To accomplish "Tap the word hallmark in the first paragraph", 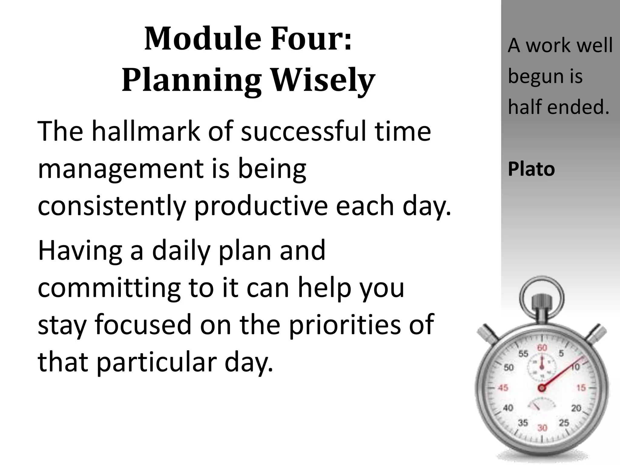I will [x=146, y=131].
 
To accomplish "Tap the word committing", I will [x=109, y=288].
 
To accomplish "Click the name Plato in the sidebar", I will [x=531, y=169].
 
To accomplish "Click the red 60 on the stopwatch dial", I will [x=542, y=348].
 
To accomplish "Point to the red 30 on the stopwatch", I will [x=542, y=428].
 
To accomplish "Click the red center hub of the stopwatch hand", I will [x=542, y=388].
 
